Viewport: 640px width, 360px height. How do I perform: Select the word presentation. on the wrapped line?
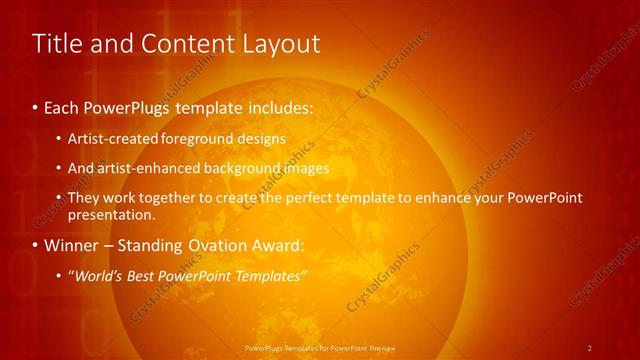(x=111, y=214)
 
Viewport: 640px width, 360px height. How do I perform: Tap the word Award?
(x=283, y=245)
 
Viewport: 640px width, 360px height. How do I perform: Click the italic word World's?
(x=96, y=276)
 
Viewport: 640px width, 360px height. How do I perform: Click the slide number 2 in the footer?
(x=590, y=348)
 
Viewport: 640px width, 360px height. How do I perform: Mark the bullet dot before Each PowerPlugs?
(x=36, y=107)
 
